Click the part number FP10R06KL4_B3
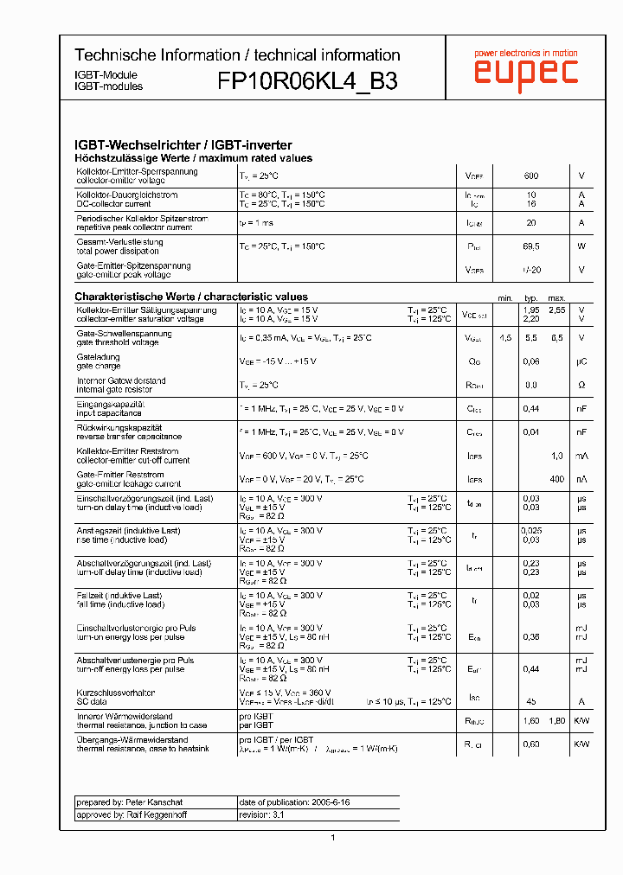pyautogui.click(x=308, y=81)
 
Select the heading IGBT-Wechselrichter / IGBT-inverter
pyautogui.click(x=183, y=145)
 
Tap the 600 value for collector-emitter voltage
pyautogui.click(x=531, y=176)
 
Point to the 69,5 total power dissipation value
pyautogui.click(x=531, y=246)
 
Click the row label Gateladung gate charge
pyautogui.click(x=99, y=361)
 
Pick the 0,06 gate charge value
pyautogui.click(x=531, y=361)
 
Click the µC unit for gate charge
pyautogui.click(x=581, y=361)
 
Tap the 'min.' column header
pyautogui.click(x=505, y=297)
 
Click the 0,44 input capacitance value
pyautogui.click(x=531, y=409)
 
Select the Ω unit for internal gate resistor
pyautogui.click(x=581, y=385)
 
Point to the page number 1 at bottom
pyautogui.click(x=332, y=837)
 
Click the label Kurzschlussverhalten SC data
pyautogui.click(x=116, y=697)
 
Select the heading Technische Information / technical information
pyautogui.click(x=237, y=54)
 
